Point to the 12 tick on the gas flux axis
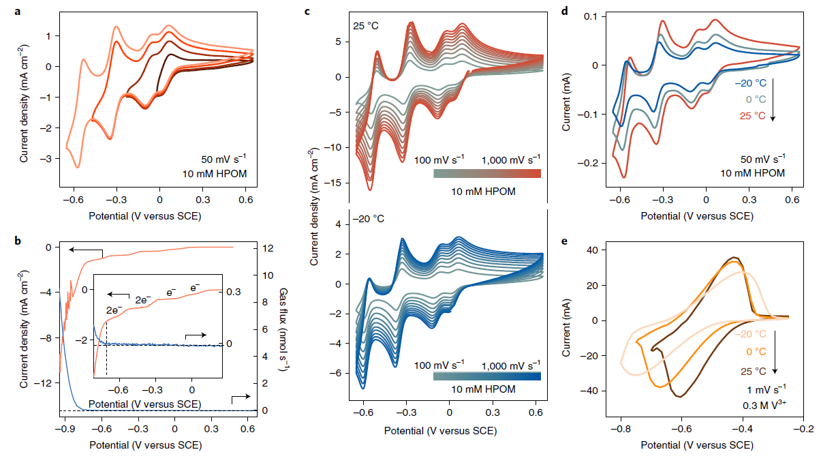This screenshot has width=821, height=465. [x=268, y=248]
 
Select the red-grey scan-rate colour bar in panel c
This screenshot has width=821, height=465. [x=486, y=173]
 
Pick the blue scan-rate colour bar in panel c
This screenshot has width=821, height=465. [x=486, y=376]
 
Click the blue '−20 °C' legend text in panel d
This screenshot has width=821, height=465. [x=749, y=83]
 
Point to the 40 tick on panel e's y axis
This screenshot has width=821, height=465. [x=593, y=250]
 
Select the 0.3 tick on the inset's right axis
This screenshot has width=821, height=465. [x=234, y=292]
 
